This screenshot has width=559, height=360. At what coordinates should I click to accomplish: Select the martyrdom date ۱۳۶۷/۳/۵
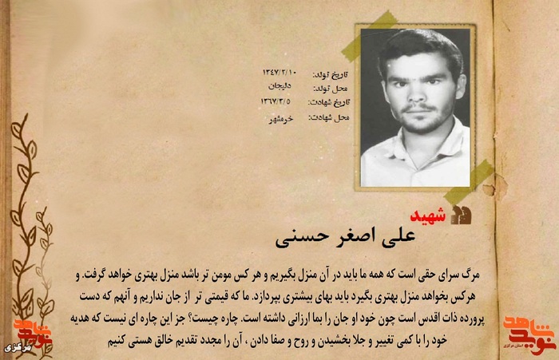click(276, 101)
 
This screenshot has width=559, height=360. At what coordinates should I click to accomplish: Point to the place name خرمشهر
click(279, 117)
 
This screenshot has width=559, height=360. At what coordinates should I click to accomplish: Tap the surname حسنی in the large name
click(296, 238)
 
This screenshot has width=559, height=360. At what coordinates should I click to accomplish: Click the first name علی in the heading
click(418, 237)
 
